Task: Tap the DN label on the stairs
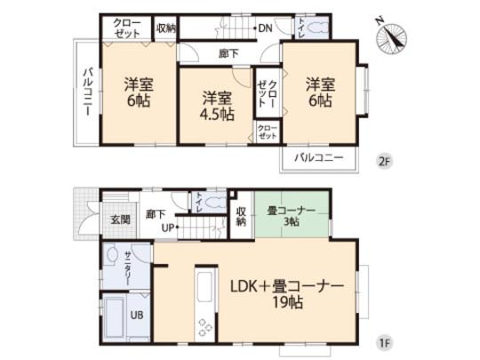point(265,28)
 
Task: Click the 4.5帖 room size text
point(217,115)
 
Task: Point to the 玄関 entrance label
point(121,220)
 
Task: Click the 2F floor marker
point(383,161)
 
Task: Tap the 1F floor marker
point(383,341)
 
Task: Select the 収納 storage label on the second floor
point(165,28)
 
